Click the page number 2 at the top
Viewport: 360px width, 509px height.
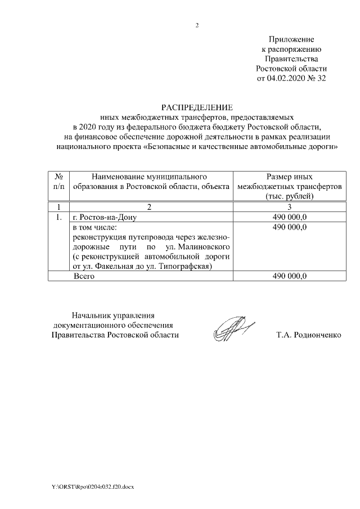197,25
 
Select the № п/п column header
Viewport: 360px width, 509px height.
58,181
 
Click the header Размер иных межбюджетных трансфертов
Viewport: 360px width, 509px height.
289,186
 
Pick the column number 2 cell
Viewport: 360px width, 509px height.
150,207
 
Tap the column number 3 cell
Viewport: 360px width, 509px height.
289,207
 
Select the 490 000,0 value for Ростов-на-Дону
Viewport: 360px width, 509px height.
289,217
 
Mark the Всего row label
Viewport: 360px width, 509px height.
84,276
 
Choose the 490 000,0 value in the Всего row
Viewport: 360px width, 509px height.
289,276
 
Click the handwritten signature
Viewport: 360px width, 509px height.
231,328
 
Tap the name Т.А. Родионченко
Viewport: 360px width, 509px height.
309,335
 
